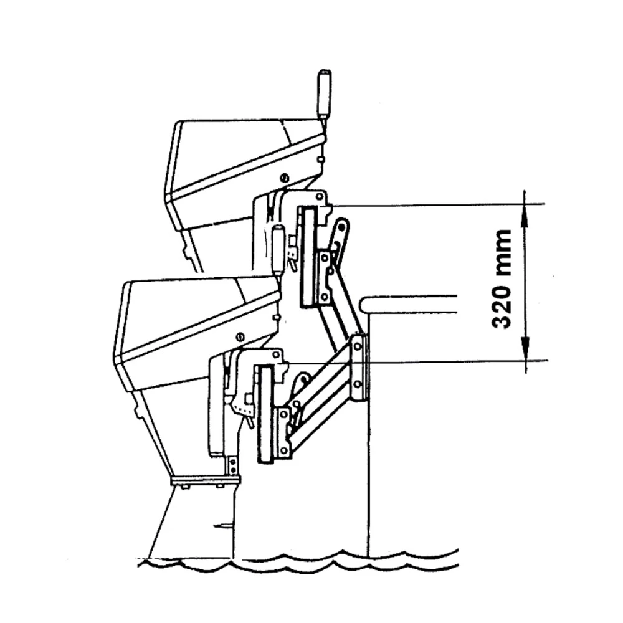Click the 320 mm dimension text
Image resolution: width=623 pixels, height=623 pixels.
click(x=502, y=278)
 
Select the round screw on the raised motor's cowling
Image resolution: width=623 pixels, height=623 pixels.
click(x=284, y=179)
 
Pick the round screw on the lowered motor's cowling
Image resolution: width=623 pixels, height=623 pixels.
click(x=240, y=337)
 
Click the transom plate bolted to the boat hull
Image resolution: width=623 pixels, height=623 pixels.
click(x=358, y=368)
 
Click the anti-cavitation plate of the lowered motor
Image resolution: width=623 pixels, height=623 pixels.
click(x=204, y=480)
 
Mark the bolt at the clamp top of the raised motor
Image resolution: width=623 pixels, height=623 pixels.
click(x=320, y=197)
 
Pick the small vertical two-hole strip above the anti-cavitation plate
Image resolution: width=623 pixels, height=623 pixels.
click(x=232, y=466)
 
